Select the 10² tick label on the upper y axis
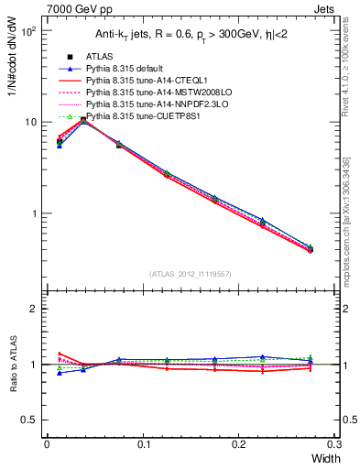[28, 31]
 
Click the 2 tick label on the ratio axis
[33, 309]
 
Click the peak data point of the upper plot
[83, 120]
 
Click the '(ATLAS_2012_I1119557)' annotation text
[191, 273]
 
